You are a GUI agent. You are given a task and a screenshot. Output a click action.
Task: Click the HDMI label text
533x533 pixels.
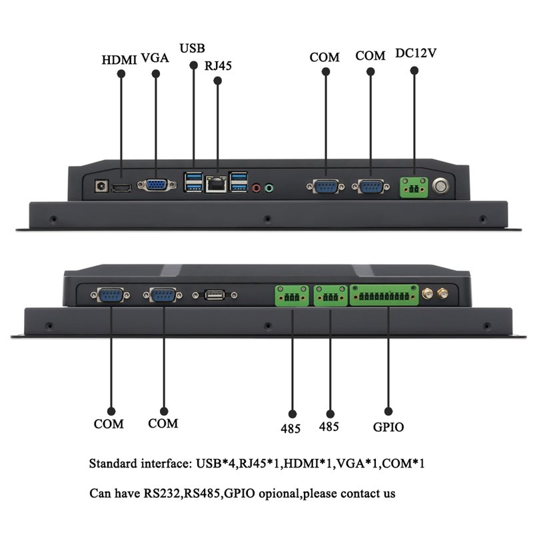coord(119,60)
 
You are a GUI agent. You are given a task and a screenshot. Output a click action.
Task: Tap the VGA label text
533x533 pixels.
coord(155,58)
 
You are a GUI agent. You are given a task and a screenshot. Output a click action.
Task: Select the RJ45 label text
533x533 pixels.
coord(218,65)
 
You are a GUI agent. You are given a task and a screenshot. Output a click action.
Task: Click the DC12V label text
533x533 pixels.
coord(416,53)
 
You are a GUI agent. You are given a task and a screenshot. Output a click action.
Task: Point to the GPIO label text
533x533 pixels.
coord(388,427)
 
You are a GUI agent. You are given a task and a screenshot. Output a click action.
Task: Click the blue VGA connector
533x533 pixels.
coord(157,185)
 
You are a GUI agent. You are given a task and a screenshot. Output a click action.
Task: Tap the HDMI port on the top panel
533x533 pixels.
coord(122,188)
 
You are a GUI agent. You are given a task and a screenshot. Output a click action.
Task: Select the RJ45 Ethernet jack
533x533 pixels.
coord(216,185)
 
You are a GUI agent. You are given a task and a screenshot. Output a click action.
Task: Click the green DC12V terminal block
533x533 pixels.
coord(414,187)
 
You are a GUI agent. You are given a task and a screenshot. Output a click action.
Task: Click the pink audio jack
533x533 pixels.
coord(257,188)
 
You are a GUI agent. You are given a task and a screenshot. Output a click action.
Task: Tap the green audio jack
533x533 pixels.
coord(269,188)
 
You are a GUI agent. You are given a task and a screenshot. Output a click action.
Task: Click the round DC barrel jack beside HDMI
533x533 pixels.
coord(101,187)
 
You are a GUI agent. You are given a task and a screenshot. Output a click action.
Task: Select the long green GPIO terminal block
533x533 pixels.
coord(384,295)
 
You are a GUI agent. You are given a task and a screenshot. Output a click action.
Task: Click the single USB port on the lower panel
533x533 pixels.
coord(215,295)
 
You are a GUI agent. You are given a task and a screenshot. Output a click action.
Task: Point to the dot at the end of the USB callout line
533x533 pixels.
coord(193,65)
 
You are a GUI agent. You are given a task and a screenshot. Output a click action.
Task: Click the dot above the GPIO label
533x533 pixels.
coord(388,411)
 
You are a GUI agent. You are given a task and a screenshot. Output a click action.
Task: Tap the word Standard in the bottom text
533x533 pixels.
coord(113,464)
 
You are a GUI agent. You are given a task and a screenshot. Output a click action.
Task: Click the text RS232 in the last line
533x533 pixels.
coord(161,493)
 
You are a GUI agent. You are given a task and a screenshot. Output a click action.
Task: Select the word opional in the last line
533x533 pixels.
coord(279,494)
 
